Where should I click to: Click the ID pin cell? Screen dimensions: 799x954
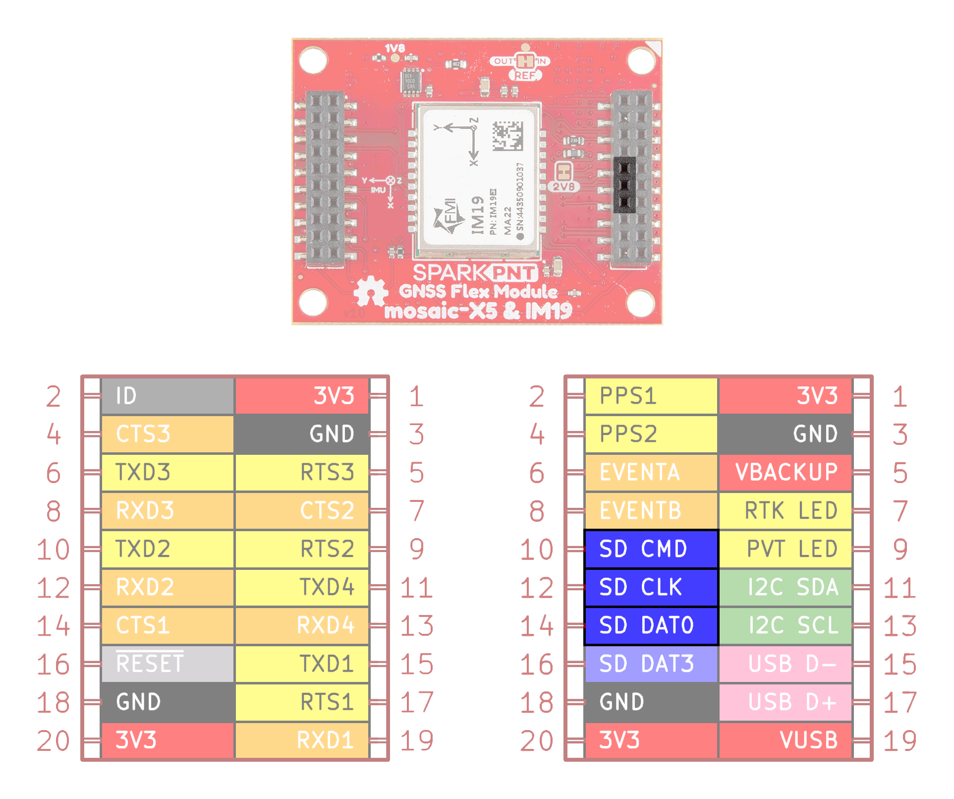(x=168, y=396)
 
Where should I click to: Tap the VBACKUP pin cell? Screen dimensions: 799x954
(x=786, y=472)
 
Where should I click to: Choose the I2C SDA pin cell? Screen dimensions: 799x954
(x=786, y=587)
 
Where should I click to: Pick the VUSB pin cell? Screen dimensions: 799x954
(x=786, y=740)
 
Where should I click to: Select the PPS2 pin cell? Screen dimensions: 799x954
(x=651, y=434)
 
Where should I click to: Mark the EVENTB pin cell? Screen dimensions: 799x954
(x=651, y=511)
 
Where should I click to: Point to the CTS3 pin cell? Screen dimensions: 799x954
(x=168, y=434)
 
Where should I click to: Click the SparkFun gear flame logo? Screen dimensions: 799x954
(x=370, y=293)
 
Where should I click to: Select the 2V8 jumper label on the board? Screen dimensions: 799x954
(x=564, y=186)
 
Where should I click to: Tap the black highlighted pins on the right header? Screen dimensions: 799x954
(x=624, y=185)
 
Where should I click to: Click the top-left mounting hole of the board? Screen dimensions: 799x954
(x=313, y=60)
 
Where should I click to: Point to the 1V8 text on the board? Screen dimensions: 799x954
(x=395, y=48)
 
